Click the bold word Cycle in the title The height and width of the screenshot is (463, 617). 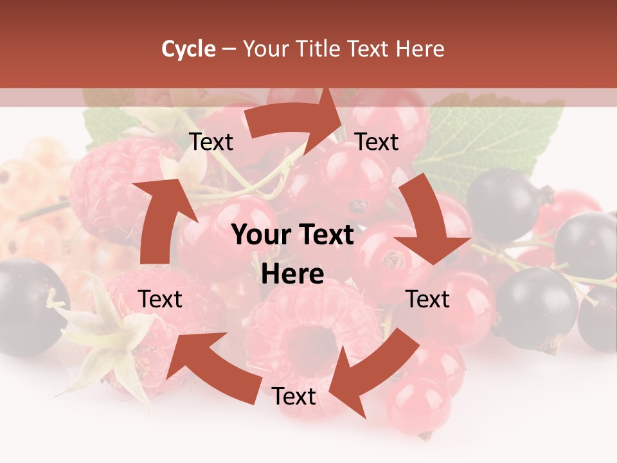pos(188,49)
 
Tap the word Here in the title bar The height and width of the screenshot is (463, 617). pos(420,49)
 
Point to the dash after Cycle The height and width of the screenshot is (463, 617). pos(229,49)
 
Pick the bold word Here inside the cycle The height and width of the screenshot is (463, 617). pos(292,275)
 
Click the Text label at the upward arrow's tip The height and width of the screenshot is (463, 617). pos(211,142)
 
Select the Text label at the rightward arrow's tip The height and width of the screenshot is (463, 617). pos(377,142)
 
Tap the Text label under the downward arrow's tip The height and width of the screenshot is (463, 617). pos(428,299)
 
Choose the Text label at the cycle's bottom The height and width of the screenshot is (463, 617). pos(294,397)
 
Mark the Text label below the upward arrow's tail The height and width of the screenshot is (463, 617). pos(161,299)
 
